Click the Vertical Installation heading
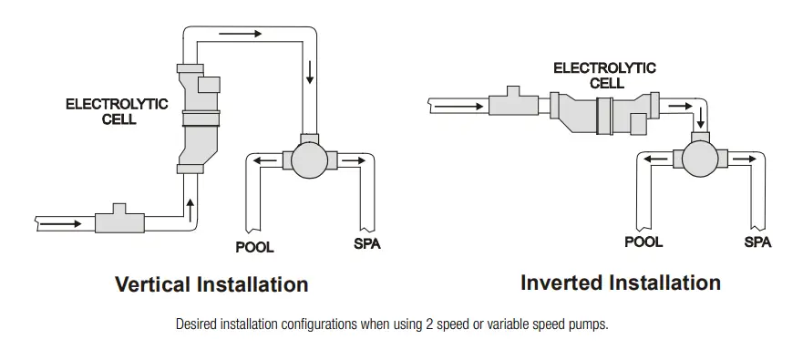[x=211, y=284]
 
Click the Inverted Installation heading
[x=620, y=283]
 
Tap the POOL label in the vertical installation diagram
[x=254, y=247]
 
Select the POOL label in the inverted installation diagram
[x=643, y=242]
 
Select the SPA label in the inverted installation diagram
[x=757, y=242]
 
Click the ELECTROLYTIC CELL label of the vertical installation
[x=117, y=111]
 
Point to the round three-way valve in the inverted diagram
[x=700, y=157]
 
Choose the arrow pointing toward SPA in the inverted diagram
[x=746, y=158]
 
